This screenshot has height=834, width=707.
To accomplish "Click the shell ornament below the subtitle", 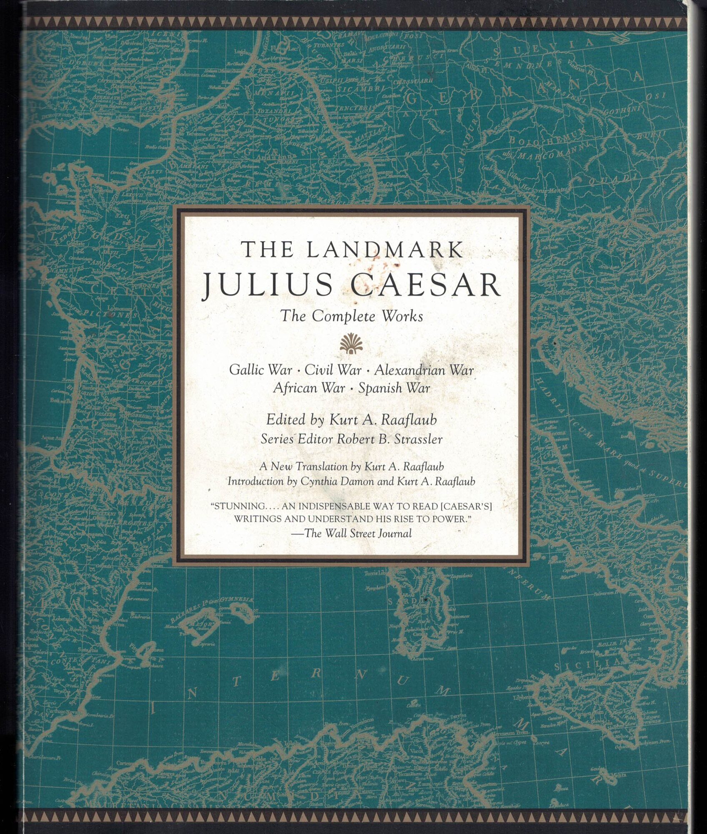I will (x=351, y=344).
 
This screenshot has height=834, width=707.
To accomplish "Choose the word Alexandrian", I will (x=424, y=370).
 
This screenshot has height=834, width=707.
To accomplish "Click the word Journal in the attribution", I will (x=394, y=533).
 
